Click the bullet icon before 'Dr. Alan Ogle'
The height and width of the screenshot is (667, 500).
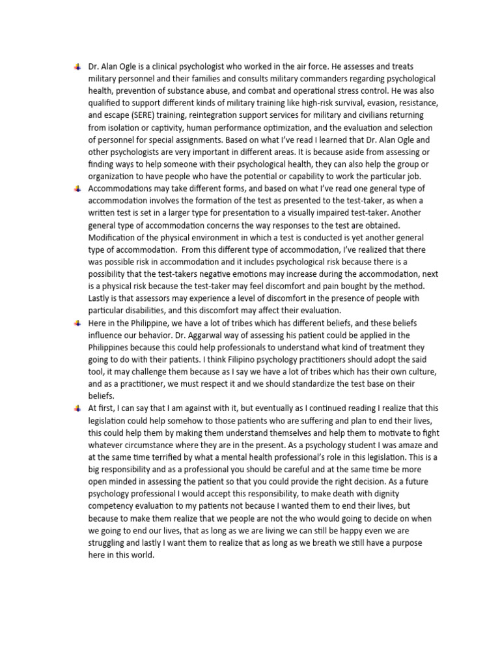pyautogui.click(x=77, y=66)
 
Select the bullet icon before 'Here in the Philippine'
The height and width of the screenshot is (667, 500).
pyautogui.click(x=77, y=322)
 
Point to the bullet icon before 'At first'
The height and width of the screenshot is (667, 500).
pyautogui.click(x=77, y=407)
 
